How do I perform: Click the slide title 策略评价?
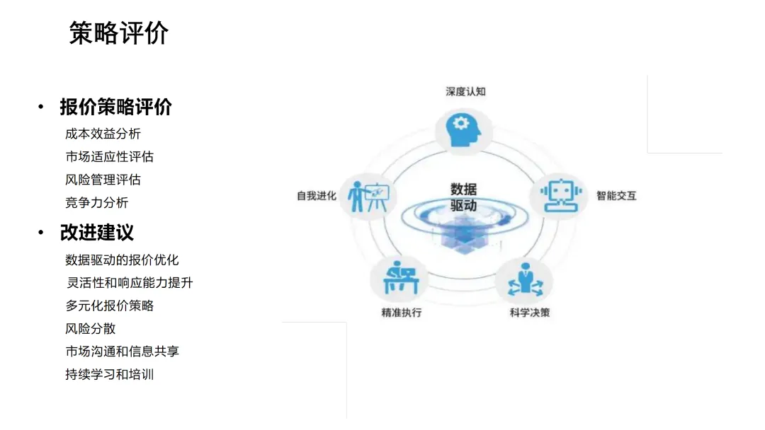click(119, 33)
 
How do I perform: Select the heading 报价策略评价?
click(115, 107)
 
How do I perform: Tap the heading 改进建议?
click(96, 233)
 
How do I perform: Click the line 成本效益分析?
click(103, 134)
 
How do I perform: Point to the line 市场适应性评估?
click(109, 156)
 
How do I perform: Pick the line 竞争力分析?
click(96, 202)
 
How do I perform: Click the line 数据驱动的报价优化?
click(122, 260)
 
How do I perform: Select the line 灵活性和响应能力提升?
click(129, 283)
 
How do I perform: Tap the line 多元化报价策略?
click(109, 306)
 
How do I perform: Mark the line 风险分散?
click(90, 328)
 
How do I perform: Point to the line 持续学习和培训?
click(109, 374)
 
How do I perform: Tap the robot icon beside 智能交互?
click(559, 194)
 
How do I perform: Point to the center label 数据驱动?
click(463, 197)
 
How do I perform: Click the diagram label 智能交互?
click(616, 195)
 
